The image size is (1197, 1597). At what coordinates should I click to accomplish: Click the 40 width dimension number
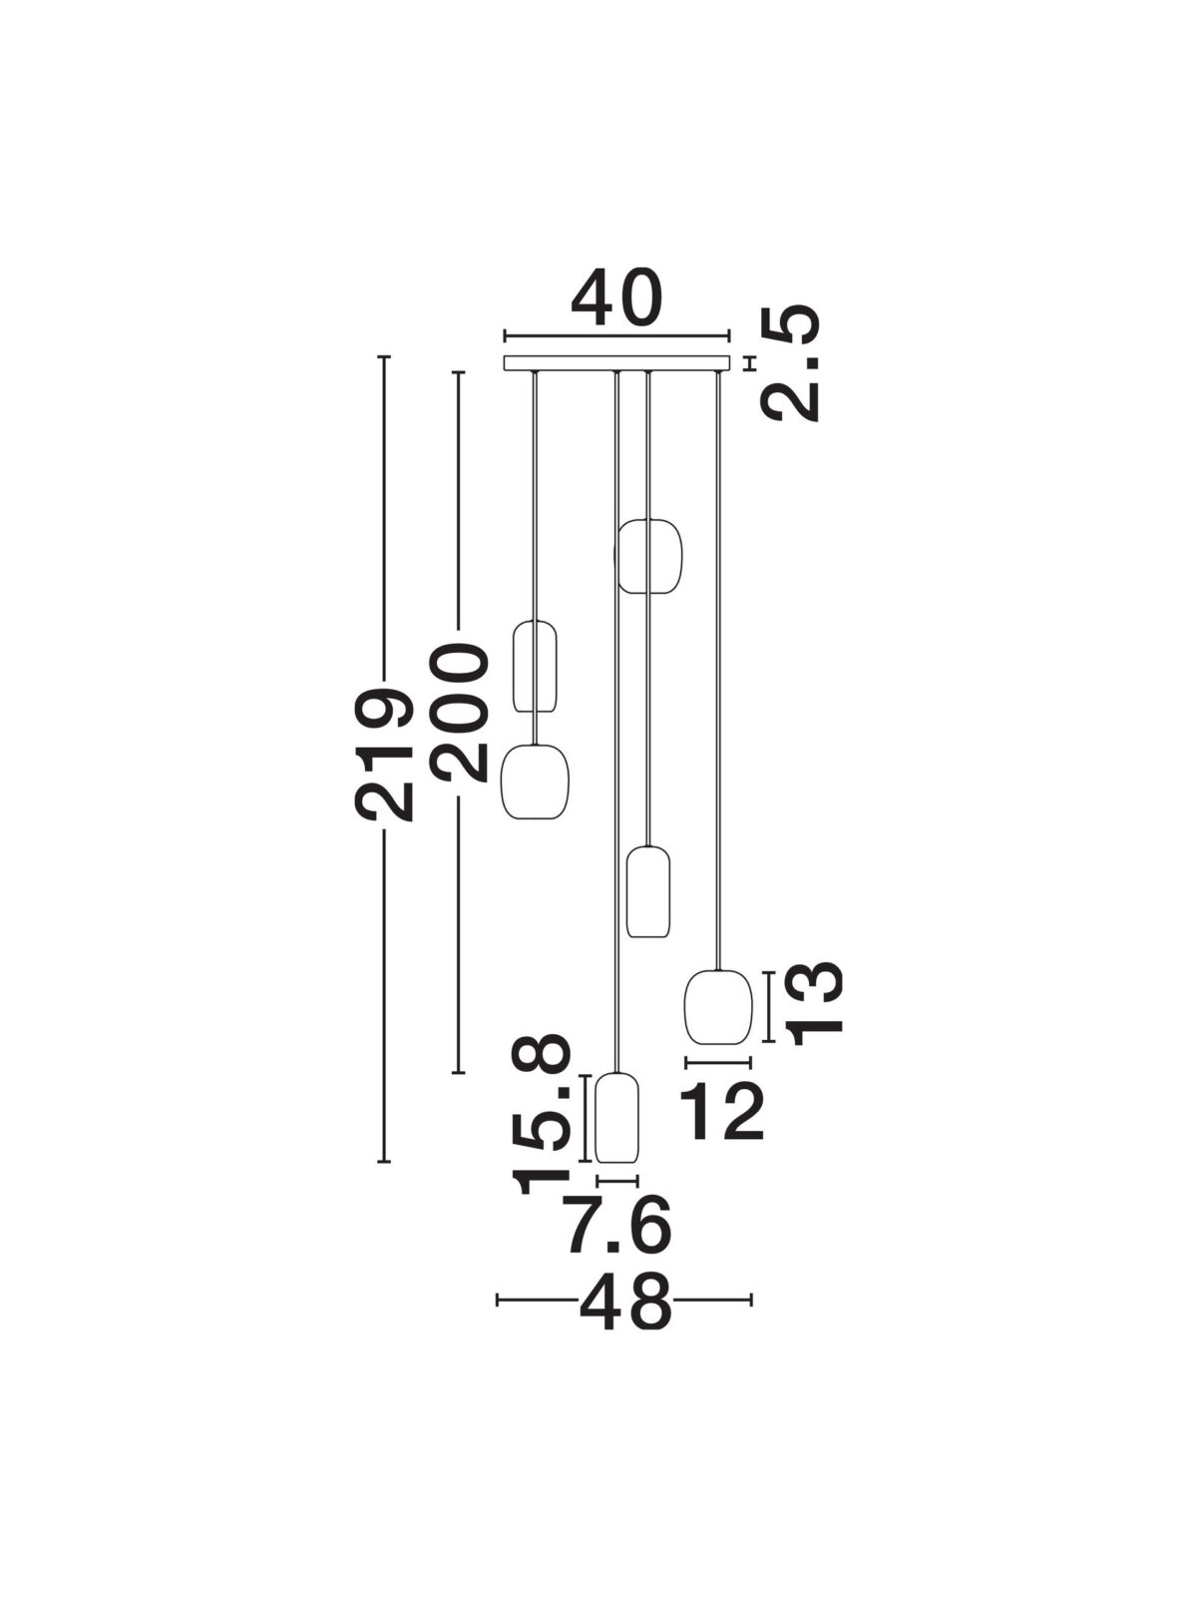pos(616,298)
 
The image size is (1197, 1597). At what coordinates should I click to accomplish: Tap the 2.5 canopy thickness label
pos(790,361)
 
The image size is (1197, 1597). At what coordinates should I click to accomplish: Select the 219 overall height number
pos(384,753)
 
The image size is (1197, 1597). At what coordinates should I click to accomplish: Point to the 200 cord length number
pos(457,713)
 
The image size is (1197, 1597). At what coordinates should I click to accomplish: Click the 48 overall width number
pos(625,1301)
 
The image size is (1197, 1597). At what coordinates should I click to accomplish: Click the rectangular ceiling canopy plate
pos(616,363)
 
